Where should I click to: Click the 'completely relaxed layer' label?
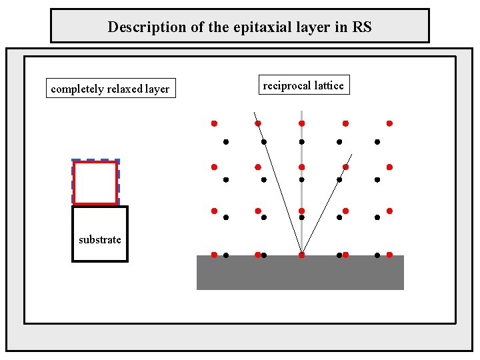(110, 89)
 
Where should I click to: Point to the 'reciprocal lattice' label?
(303, 85)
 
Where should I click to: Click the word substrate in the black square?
(100, 239)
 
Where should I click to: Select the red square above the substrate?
(95, 183)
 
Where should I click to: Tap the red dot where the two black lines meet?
(301, 255)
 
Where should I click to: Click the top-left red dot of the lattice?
(214, 123)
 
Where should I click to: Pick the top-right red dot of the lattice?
(389, 123)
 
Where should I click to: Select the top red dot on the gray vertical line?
(301, 123)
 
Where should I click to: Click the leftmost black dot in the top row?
(226, 141)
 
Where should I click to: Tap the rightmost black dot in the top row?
(377, 141)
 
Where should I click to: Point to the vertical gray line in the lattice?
(301, 200)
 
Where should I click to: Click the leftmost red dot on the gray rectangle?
(214, 255)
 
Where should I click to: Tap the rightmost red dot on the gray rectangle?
(389, 255)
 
